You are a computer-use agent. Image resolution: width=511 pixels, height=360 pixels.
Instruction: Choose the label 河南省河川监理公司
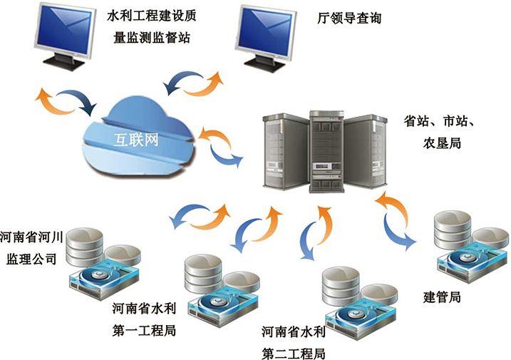32,246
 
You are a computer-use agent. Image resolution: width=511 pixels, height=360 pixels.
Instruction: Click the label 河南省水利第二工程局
293,342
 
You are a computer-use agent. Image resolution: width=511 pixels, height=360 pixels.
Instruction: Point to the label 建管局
442,297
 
